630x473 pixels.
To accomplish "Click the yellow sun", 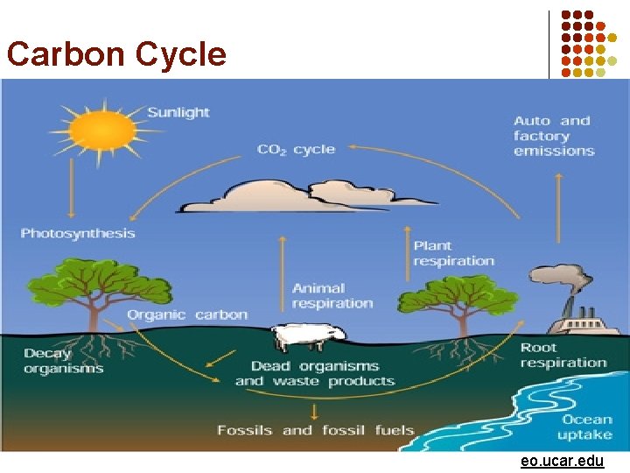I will point(103,132).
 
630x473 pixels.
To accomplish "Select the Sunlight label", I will point(178,112).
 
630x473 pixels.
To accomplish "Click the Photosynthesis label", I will point(78,233).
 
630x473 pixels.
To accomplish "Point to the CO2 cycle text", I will point(296,150).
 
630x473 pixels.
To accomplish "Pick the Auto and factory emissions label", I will point(553,136).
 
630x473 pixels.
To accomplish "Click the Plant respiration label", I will point(453,253).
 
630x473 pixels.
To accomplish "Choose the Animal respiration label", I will point(332,295).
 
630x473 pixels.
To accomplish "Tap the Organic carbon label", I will point(187,314).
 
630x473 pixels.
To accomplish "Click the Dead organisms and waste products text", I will point(314,373).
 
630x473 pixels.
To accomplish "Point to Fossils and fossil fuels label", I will point(315,430).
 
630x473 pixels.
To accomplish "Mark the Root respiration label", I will point(563,355).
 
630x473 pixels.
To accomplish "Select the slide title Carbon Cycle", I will point(116,54).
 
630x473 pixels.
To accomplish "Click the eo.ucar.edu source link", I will point(562,461).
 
